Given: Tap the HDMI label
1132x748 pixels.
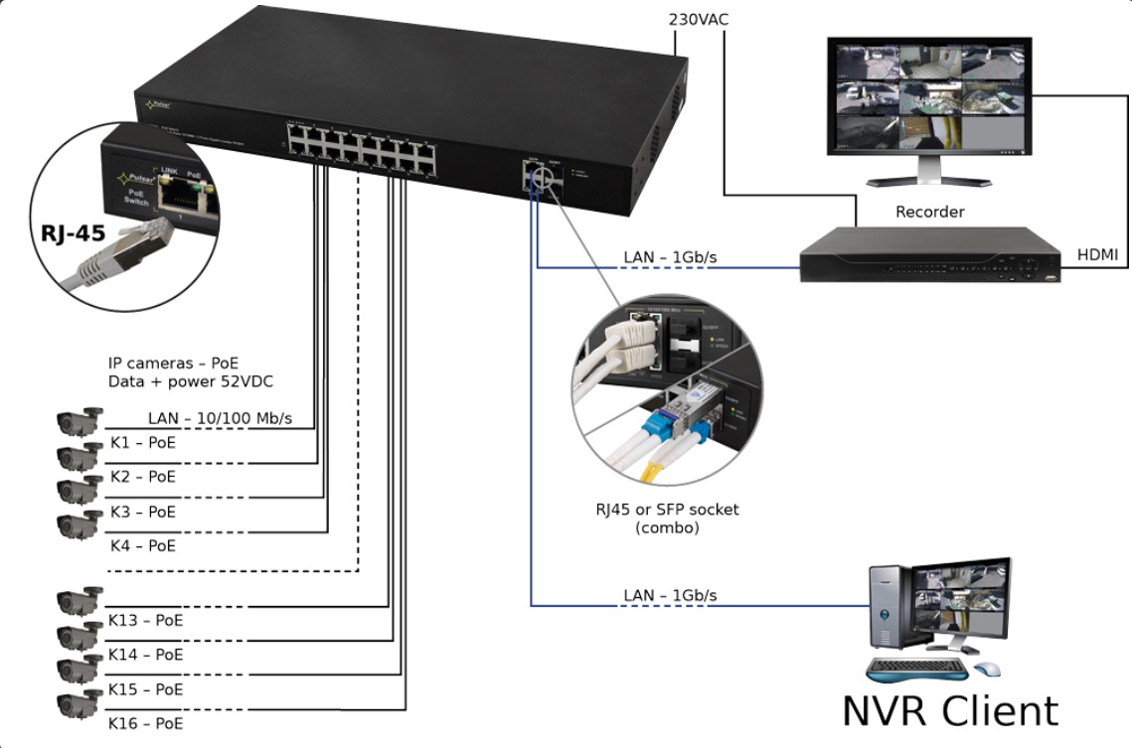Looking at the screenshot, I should tap(1098, 255).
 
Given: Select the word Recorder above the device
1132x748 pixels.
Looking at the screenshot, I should tap(929, 212).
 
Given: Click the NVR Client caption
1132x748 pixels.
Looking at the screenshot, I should tap(950, 711).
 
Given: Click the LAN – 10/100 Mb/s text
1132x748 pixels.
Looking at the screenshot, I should tap(220, 419).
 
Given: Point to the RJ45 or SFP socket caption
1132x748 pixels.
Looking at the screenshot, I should tap(661, 510).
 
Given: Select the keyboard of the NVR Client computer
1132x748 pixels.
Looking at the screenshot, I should tap(915, 669).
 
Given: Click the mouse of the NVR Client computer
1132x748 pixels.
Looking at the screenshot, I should tap(987, 669).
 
